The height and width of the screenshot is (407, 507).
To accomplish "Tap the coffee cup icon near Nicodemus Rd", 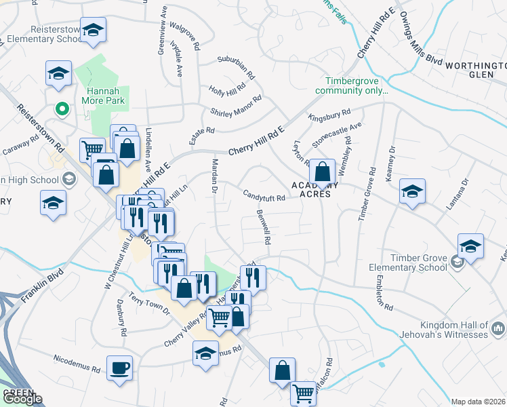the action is click(x=120, y=368).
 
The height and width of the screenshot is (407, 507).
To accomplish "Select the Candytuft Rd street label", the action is click(x=264, y=195).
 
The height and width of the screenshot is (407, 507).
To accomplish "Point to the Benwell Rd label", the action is click(x=264, y=227).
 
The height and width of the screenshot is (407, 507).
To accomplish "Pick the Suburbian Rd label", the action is click(x=235, y=67).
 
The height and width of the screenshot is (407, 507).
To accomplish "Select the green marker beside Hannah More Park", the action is click(x=61, y=109).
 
